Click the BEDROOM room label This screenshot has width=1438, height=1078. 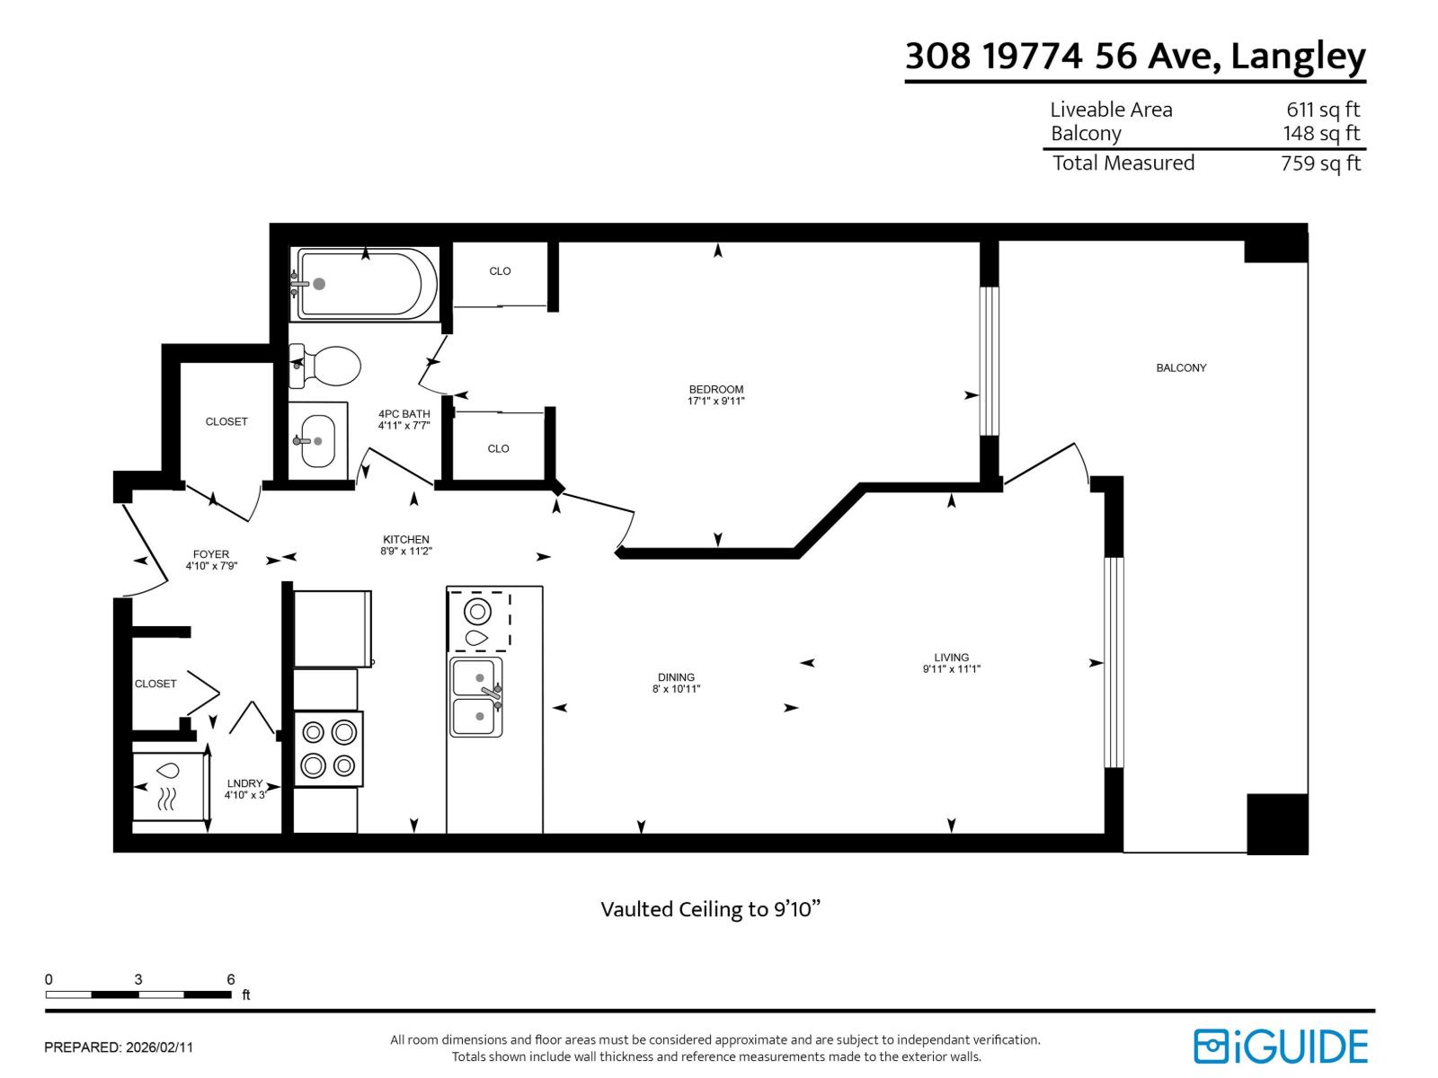(x=716, y=390)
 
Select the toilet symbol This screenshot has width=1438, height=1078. (x=328, y=366)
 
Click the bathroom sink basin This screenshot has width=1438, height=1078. (x=317, y=440)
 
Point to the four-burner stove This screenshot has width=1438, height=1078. (x=328, y=749)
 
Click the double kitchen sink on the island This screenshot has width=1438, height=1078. (x=476, y=697)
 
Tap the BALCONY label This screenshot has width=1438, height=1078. (x=1181, y=367)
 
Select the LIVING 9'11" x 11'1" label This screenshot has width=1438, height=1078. (x=951, y=663)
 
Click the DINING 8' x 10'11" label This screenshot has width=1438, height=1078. (x=676, y=683)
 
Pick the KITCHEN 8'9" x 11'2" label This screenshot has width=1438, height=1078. (x=406, y=545)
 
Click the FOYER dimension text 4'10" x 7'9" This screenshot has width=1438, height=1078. (x=211, y=566)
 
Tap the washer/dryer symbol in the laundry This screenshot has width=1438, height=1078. (x=168, y=786)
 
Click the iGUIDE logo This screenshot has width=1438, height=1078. (x=1281, y=1047)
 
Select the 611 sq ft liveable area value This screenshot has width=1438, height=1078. (x=1322, y=110)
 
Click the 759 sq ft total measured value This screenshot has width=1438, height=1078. (x=1320, y=163)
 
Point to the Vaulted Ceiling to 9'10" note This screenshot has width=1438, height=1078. (x=710, y=909)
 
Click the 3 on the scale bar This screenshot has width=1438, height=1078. (x=138, y=979)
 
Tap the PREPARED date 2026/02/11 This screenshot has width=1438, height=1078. (x=159, y=1047)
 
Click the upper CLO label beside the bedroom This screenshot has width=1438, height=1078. (x=500, y=271)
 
